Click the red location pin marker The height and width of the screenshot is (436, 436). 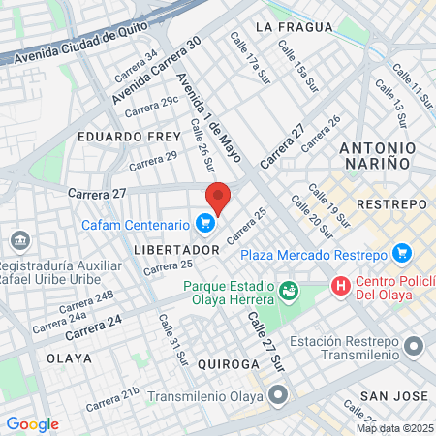218,197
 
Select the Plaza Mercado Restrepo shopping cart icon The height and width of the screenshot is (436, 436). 403,255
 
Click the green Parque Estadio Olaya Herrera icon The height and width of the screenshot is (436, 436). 288,290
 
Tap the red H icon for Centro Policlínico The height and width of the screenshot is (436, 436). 340,286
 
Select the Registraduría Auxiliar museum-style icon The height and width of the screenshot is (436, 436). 18,240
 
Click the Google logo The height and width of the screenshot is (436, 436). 32,424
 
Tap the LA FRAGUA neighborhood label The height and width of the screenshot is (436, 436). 287,27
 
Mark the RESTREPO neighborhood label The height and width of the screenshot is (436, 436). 391,204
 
